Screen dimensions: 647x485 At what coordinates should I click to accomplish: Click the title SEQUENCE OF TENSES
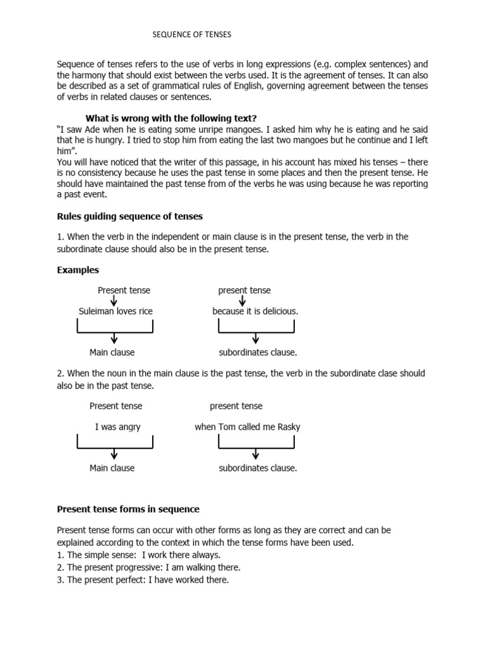192,35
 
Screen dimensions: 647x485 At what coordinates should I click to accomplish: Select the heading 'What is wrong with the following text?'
171,118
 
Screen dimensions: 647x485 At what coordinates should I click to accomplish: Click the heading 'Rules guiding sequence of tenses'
129,216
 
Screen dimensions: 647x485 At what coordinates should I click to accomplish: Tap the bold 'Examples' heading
78,270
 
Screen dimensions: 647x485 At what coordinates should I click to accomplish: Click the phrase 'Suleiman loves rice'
116,311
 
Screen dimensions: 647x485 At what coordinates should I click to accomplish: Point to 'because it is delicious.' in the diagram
255,311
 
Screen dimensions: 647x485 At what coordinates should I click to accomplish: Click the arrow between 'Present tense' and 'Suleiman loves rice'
114,301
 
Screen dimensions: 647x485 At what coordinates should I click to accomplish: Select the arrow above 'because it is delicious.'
242,301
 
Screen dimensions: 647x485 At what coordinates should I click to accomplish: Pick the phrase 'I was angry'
117,426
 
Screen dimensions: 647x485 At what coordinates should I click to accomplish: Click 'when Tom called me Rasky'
248,426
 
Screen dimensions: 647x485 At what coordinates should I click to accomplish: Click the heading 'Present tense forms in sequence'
128,509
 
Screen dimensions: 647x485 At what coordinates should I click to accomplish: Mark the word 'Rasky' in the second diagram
287,426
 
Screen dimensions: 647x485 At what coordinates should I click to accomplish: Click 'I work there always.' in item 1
181,555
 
